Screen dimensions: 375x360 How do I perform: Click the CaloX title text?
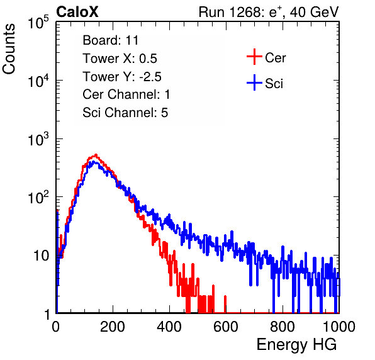point(77,12)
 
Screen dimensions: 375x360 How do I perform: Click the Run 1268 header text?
point(269,12)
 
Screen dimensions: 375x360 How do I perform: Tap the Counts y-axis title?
point(9,49)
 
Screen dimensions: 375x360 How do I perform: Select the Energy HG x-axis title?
point(296,345)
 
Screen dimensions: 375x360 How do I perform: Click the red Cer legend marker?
point(254,57)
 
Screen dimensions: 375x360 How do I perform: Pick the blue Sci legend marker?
point(254,82)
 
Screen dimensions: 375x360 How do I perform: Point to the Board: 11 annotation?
point(111,40)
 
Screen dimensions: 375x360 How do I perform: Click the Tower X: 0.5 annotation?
point(120,59)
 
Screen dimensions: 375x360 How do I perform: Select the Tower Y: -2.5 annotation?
point(122,77)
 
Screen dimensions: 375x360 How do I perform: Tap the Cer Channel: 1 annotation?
point(126,94)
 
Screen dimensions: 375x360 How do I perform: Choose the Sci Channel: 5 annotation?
point(125,113)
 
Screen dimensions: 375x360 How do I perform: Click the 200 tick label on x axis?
point(113,327)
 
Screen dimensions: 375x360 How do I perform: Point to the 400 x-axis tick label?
point(169,327)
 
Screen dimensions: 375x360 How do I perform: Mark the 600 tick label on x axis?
point(226,327)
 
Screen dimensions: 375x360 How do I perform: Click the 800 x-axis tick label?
point(283,327)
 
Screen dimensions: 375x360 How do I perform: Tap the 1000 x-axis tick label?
point(339,327)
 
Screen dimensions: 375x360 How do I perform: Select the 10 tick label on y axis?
point(41,256)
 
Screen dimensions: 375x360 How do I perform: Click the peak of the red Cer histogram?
point(96,155)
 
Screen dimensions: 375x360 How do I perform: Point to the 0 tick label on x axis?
point(56,327)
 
